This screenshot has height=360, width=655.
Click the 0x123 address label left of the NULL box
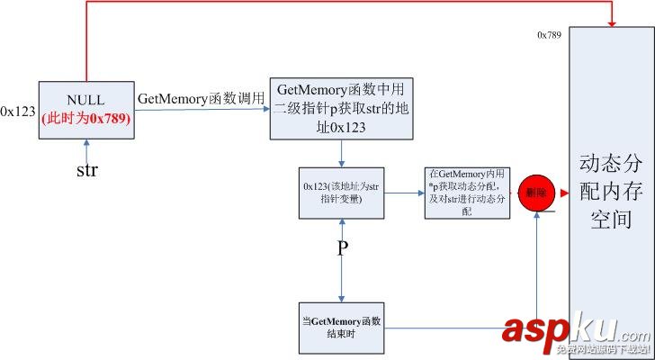(x=18, y=112)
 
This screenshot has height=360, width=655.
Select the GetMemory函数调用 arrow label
(x=201, y=96)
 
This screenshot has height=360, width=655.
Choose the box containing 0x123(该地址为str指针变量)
(x=342, y=192)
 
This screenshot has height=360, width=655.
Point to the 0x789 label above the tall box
(x=550, y=35)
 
